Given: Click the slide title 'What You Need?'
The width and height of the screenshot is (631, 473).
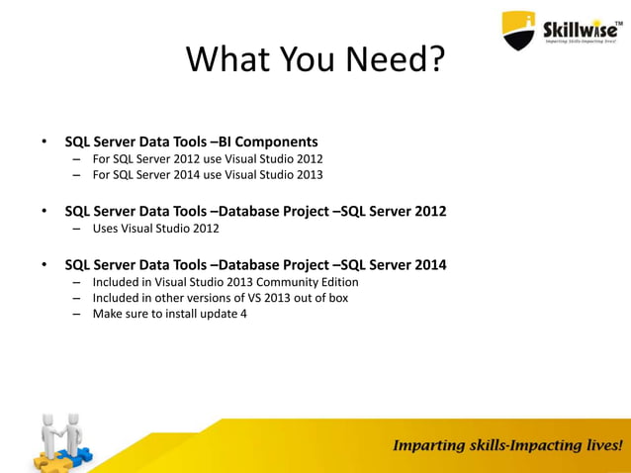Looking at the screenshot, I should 315,61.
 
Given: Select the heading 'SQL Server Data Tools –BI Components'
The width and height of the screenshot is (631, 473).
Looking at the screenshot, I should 191,142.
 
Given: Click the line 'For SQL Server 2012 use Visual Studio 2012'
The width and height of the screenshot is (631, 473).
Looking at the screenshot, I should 208,158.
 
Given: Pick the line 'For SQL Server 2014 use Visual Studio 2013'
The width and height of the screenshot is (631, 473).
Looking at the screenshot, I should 208,175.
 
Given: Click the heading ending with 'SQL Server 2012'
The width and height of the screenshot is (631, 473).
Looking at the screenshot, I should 255,211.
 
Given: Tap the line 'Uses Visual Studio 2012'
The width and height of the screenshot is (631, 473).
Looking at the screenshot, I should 156,229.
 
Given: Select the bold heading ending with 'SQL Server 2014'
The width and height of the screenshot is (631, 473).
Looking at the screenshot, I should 255,264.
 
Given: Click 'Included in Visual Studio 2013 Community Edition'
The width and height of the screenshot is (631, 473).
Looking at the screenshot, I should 225,282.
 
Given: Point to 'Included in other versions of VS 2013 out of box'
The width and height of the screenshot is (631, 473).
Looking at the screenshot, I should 221,298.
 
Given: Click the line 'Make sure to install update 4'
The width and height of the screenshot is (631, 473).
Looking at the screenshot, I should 170,315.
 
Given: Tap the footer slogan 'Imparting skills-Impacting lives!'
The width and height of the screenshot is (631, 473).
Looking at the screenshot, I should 508,445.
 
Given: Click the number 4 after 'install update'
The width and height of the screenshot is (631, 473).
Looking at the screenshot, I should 243,315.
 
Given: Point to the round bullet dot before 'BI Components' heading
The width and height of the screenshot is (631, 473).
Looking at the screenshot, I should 44,142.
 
